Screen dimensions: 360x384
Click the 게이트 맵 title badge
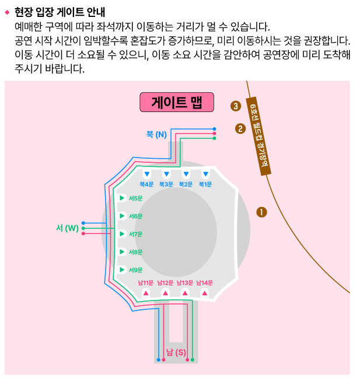pyautogui.click(x=176, y=102)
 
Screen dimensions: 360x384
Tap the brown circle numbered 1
pyautogui.click(x=261, y=212)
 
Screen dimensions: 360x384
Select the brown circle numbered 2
pyautogui.click(x=240, y=128)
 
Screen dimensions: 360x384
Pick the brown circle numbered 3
pyautogui.click(x=235, y=106)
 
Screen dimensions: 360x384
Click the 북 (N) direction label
pyautogui.click(x=156, y=134)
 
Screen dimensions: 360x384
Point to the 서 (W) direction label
pyautogui.click(x=67, y=228)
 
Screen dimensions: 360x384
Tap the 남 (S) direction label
pyautogui.click(x=176, y=352)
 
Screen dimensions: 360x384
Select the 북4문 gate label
pyautogui.click(x=146, y=184)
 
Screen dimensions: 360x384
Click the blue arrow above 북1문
pyautogui.click(x=205, y=174)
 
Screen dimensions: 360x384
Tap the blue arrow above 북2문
pyautogui.click(x=186, y=174)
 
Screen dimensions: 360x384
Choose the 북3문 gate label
pyautogui.click(x=166, y=184)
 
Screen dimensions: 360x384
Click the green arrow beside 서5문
pyautogui.click(x=121, y=198)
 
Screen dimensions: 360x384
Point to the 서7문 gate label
pyautogui.click(x=135, y=234)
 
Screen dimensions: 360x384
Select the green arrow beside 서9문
pyautogui.click(x=121, y=270)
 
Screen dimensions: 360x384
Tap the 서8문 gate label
pyautogui.click(x=135, y=252)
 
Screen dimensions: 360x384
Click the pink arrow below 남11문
pyautogui.click(x=146, y=293)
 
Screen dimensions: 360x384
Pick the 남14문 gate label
pyautogui.click(x=203, y=283)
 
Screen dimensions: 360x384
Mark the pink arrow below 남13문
pyautogui.click(x=185, y=293)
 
